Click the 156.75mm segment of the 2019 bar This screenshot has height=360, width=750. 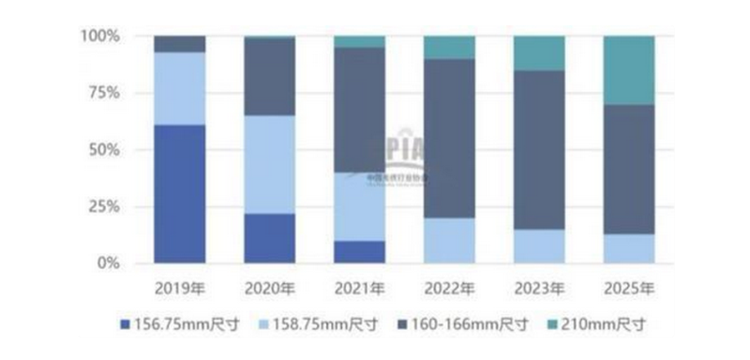[x=179, y=194]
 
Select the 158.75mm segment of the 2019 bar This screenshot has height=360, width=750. [x=179, y=88]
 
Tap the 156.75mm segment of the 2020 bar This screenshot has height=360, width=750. [x=269, y=238]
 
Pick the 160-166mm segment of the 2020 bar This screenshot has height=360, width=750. [x=269, y=77]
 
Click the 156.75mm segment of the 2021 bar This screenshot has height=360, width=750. [x=359, y=252]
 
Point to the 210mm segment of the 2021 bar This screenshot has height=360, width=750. [x=359, y=41]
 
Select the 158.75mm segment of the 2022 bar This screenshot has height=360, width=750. [x=449, y=241]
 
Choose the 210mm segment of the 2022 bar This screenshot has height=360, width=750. [x=449, y=48]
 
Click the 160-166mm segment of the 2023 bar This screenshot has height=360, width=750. [x=539, y=149]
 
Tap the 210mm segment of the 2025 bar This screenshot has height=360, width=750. [x=629, y=70]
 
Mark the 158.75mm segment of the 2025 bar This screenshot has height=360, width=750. [x=629, y=248]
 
